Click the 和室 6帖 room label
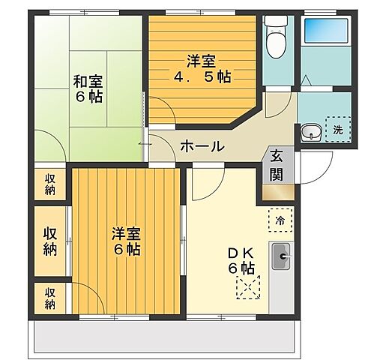88,87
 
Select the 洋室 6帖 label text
126,241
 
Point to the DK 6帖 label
243,260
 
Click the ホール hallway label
202,146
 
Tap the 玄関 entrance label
277,166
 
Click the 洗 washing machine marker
337,129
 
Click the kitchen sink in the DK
282,259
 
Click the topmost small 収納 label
49,184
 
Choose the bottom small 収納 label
49,298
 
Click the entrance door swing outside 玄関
315,161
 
